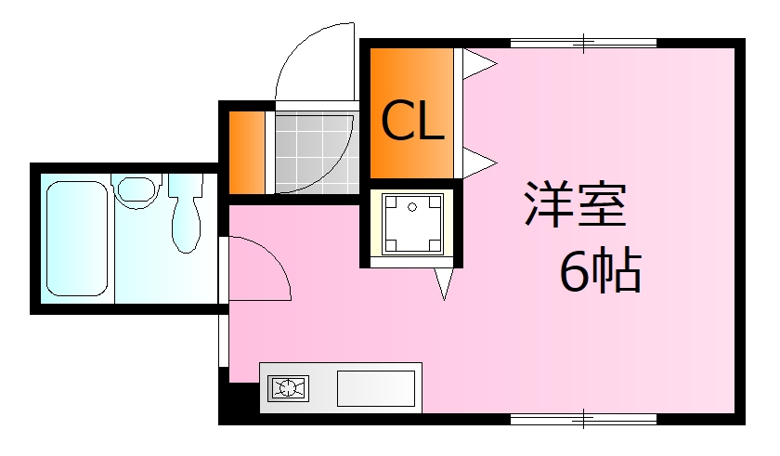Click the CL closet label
412,120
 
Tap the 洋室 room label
575,204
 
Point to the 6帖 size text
601,269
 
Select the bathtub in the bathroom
77,239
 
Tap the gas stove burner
288,388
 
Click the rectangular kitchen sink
376,388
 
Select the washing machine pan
412,224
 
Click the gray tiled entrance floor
317,152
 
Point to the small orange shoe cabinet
247,152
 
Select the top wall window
583,43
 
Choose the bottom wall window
583,419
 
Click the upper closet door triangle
479,64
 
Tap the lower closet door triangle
479,163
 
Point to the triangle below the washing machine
444,284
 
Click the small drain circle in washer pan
412,207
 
